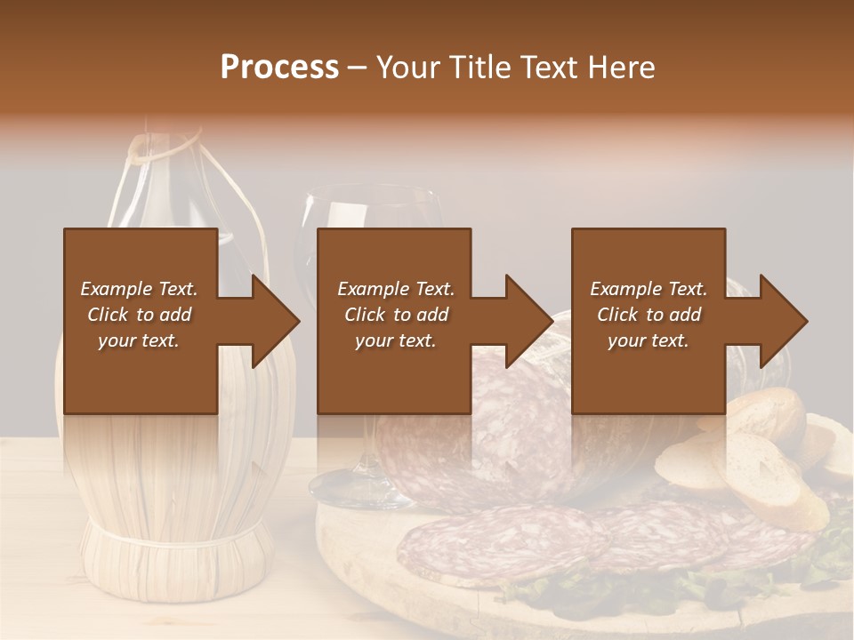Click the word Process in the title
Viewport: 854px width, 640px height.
click(x=279, y=67)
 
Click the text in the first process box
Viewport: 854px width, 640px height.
click(x=139, y=315)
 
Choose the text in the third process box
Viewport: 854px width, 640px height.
click(x=649, y=315)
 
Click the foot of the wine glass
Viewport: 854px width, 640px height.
click(x=356, y=484)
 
